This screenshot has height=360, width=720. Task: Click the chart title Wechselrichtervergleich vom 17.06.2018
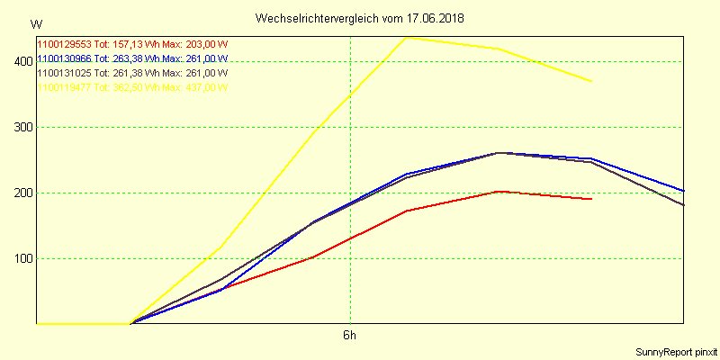[359, 18]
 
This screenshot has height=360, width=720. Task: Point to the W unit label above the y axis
[35, 23]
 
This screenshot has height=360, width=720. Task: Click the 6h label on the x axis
[349, 336]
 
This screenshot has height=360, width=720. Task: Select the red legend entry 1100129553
[65, 44]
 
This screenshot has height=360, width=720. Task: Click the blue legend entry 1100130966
[65, 58]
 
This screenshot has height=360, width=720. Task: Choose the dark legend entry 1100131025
[65, 73]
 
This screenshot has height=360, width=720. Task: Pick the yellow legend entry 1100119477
[65, 87]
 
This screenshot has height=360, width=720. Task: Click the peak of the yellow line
[406, 38]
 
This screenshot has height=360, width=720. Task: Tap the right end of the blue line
[683, 191]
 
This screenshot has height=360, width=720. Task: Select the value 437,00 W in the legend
[204, 87]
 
